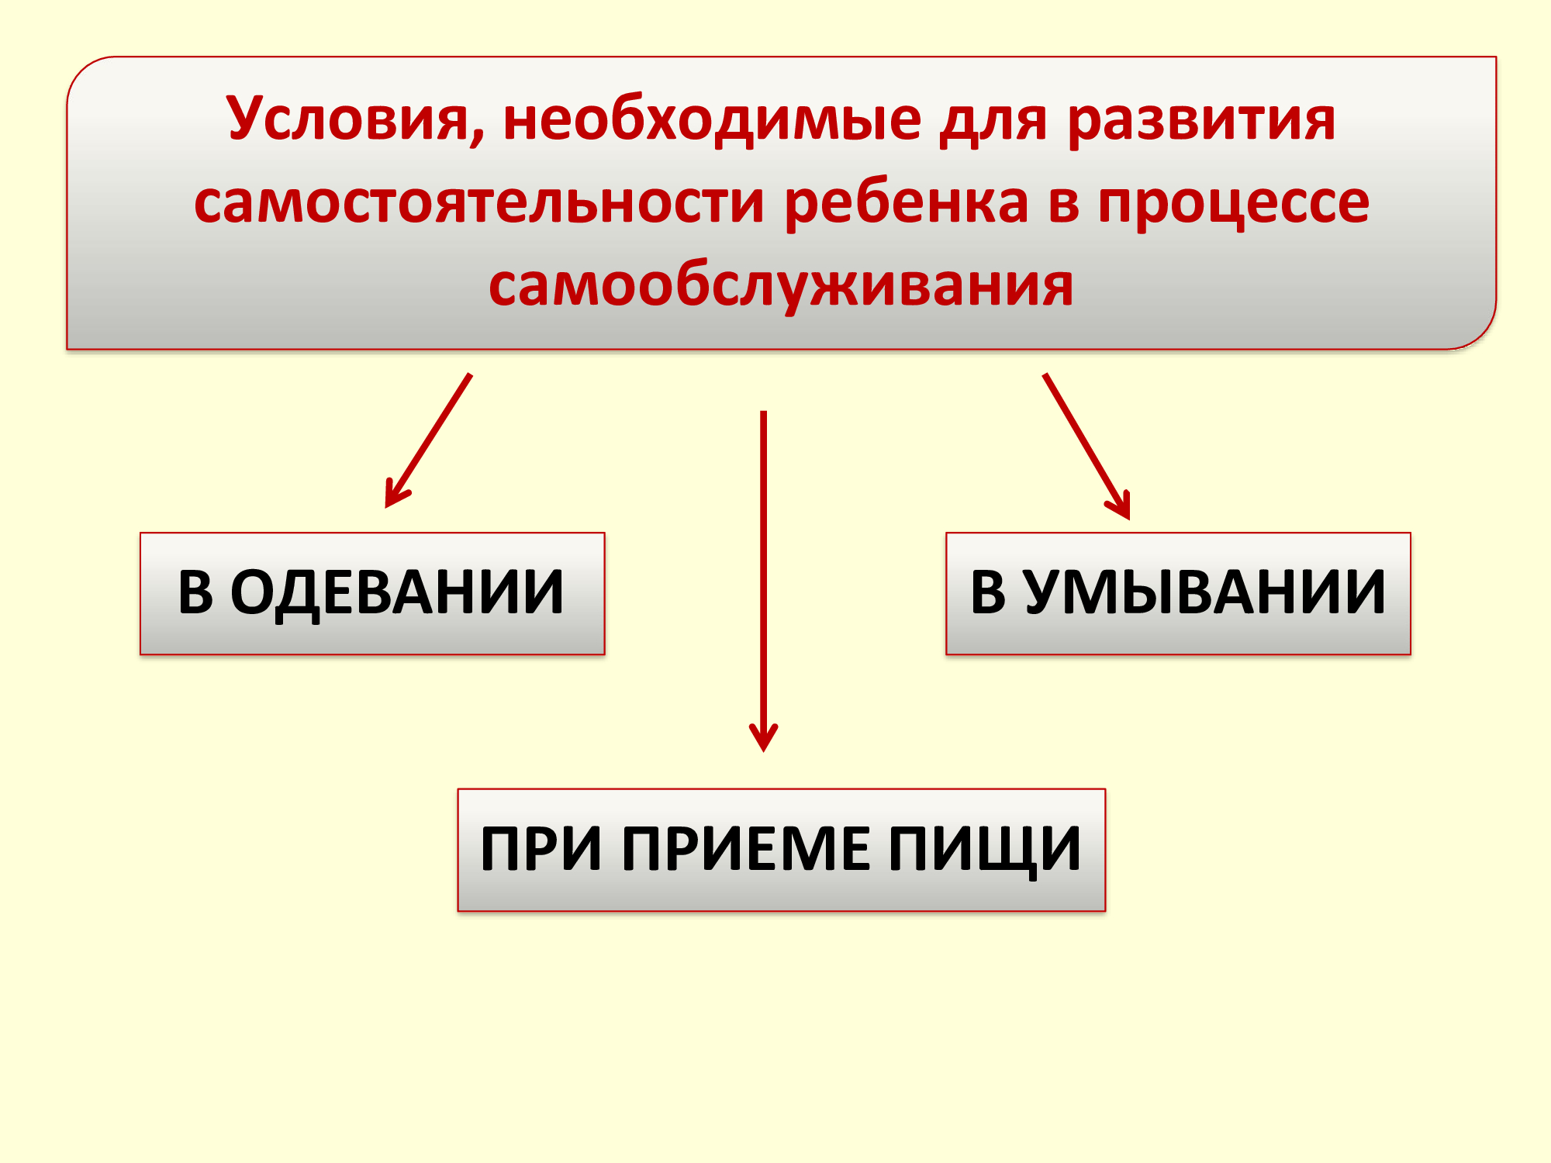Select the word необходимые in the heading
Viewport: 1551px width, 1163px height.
click(x=713, y=121)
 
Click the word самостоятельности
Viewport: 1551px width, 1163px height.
click(x=479, y=203)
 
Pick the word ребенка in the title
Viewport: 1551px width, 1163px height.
click(x=907, y=203)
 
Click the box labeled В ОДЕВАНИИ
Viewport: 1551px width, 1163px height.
click(x=372, y=594)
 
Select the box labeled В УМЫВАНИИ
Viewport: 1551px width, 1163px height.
click(x=1178, y=594)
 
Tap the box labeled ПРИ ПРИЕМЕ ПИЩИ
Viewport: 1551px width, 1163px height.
click(x=782, y=850)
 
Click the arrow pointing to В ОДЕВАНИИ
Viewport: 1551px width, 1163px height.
click(x=428, y=441)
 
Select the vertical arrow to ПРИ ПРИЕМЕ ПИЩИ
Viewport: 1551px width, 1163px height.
click(x=764, y=581)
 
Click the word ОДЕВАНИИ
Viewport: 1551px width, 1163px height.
click(x=397, y=593)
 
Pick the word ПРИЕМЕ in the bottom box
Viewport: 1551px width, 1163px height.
click(x=745, y=849)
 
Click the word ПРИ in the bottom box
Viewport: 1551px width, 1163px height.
click(x=541, y=849)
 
